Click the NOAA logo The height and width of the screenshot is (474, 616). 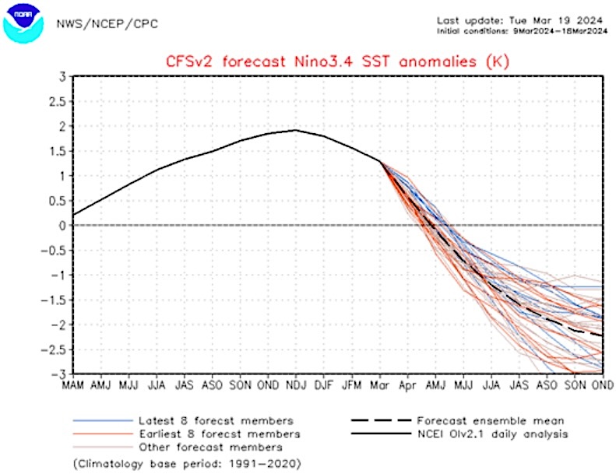[x=23, y=23]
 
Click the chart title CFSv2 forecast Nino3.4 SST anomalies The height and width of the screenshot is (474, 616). [x=336, y=61]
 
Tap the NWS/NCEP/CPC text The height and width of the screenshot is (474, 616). [x=107, y=23]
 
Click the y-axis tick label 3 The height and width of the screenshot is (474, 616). [x=62, y=77]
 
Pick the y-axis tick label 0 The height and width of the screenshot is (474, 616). [x=62, y=226]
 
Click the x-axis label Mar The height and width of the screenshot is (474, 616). [x=380, y=384]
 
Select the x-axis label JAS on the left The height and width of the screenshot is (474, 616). [x=185, y=384]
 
